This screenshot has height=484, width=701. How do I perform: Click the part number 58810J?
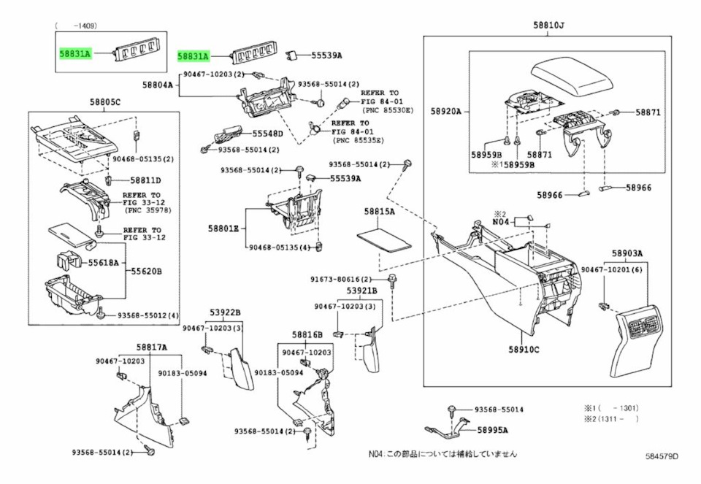548,26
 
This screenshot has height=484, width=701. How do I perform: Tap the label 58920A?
445,111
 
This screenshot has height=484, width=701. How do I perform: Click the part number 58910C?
524,349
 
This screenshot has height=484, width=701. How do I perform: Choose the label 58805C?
104,102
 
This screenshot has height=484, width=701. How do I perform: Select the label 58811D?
146,180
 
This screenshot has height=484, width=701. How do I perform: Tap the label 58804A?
158,85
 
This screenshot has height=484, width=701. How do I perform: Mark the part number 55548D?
268,133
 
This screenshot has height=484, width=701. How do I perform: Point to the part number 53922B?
226,312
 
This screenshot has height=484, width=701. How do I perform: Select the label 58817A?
152,347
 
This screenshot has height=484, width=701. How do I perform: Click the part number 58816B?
307,335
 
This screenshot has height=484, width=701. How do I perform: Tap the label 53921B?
361,291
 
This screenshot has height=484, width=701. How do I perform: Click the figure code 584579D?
662,456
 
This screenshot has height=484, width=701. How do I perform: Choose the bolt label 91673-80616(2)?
341,280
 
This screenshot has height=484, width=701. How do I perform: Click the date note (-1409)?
75,26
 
